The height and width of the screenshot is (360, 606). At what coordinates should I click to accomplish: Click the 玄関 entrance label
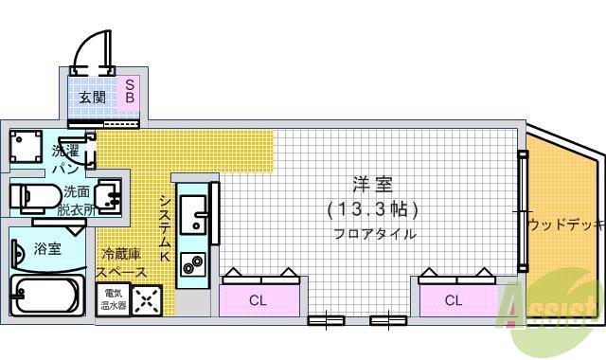coord(92,97)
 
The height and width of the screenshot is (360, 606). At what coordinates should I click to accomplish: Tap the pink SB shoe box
coord(131,91)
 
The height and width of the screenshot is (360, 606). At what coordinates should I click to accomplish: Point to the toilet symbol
coord(34,197)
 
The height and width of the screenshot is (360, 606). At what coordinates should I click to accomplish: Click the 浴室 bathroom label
coord(47,249)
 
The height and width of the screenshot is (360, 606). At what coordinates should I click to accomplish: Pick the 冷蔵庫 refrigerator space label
coord(124,262)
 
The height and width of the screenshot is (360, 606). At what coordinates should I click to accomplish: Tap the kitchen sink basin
coord(196,212)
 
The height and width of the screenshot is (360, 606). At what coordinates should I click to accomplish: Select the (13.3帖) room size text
coord(372,209)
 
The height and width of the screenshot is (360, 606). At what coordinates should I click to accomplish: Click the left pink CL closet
coord(258,300)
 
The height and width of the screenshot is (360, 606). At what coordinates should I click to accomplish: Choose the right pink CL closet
coord(454,300)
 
